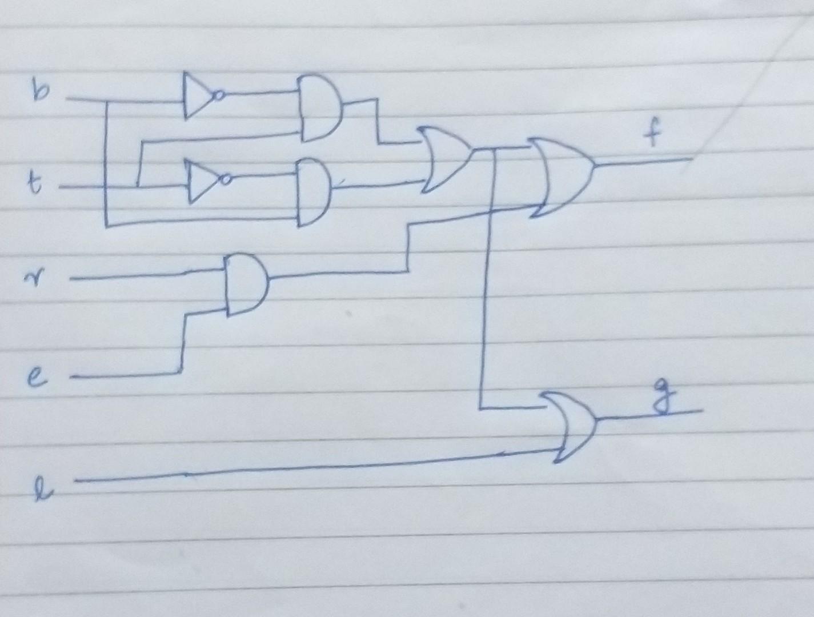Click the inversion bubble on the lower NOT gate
(x=227, y=181)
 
